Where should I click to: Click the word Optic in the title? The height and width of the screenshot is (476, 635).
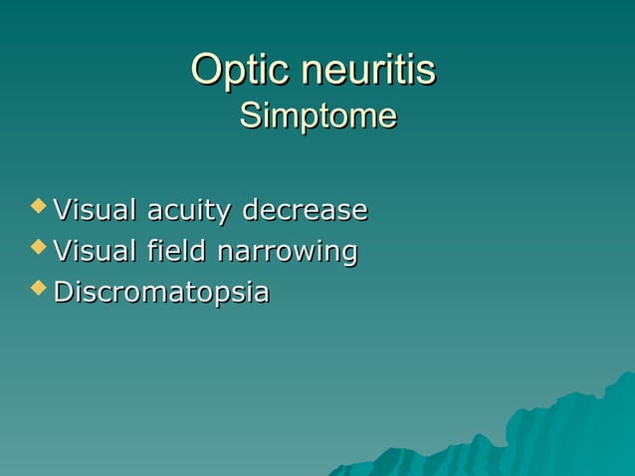232,71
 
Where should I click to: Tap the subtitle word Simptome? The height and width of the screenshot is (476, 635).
317,117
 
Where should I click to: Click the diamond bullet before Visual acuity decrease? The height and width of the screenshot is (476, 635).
39,206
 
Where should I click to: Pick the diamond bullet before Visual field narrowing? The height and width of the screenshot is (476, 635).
39,248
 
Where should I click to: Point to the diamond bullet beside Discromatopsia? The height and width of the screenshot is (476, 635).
39,289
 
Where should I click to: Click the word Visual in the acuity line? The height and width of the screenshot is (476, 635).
96,210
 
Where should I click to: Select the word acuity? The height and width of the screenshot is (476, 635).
190,212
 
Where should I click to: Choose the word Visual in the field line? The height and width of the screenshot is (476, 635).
96,252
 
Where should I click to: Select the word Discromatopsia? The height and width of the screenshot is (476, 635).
160,294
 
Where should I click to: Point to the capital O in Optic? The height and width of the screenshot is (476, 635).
206,71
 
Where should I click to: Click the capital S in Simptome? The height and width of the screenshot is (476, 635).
251,117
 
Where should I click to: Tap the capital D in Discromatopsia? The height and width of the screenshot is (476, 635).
63,293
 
